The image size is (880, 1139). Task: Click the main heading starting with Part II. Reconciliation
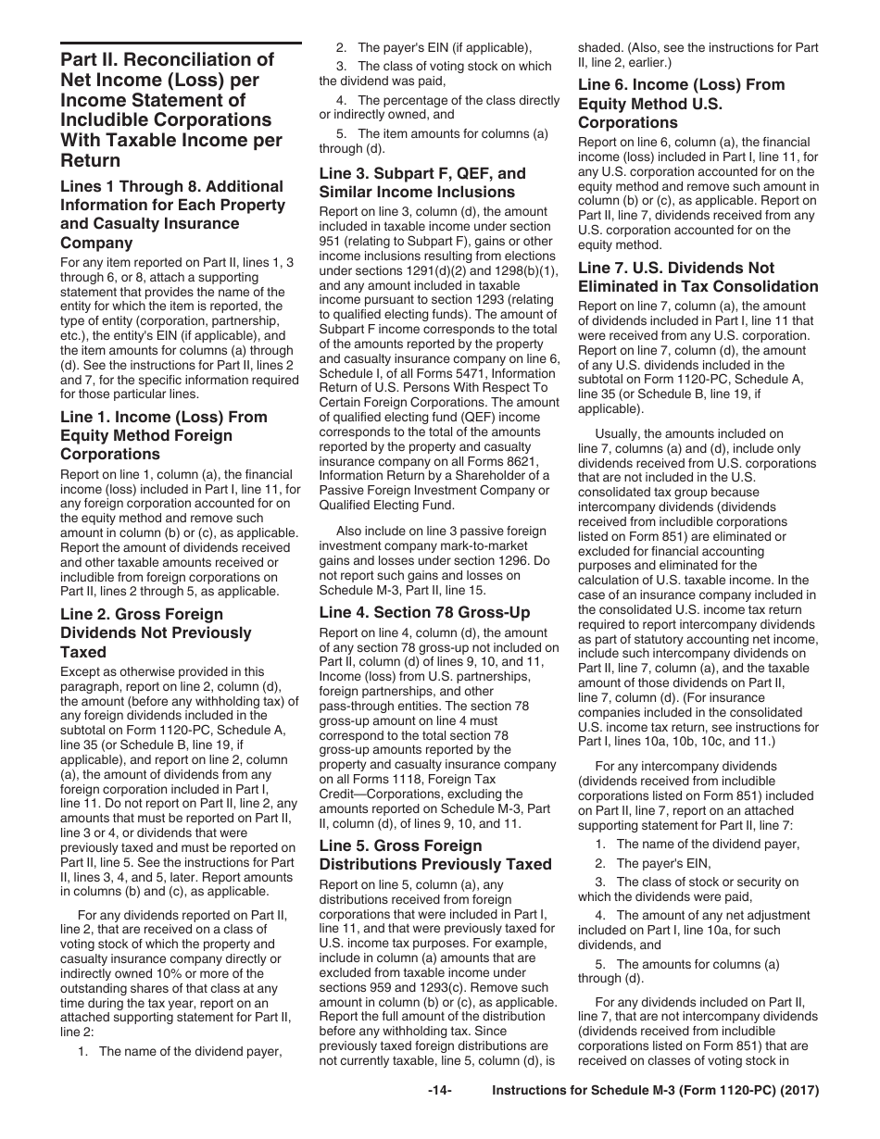tap(171, 110)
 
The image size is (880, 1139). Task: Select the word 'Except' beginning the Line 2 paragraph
tap(81, 672)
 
